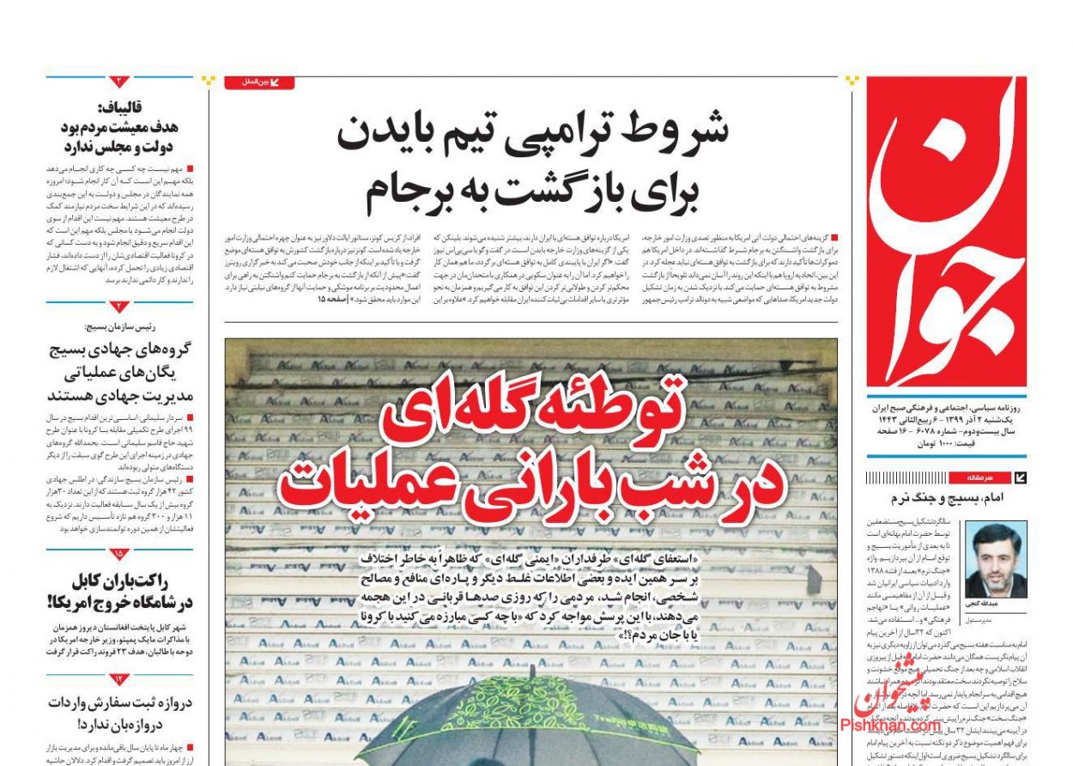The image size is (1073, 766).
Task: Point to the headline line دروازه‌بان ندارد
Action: (x=137, y=721)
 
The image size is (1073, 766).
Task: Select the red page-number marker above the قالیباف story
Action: (x=119, y=82)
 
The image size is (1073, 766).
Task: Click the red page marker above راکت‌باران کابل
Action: (x=119, y=555)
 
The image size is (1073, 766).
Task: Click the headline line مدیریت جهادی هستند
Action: (x=120, y=395)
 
